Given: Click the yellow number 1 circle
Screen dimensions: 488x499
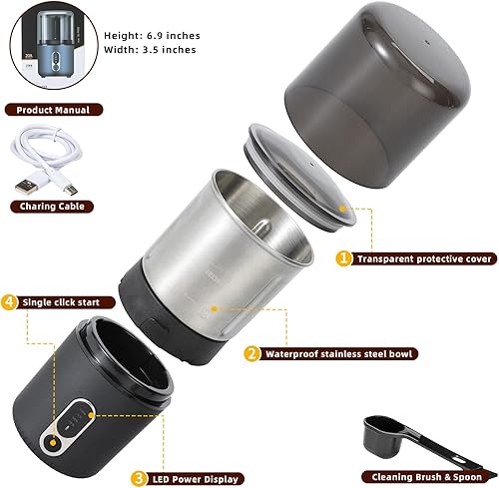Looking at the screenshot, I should tap(343, 258).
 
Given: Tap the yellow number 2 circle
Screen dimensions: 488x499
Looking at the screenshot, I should tap(251, 352).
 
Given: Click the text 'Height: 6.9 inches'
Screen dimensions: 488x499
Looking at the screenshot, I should tap(149, 34).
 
